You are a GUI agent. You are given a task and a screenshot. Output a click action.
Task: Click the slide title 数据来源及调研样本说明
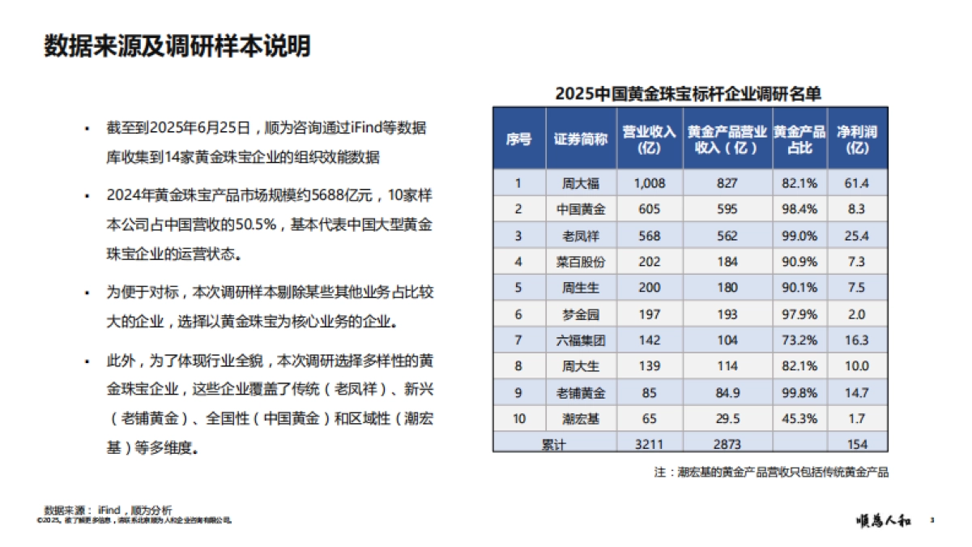[177, 47]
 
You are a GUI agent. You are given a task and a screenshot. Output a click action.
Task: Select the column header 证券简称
[580, 139]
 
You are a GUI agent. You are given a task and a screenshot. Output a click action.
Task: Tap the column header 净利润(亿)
[857, 139]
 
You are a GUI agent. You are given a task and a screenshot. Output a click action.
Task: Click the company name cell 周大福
[580, 183]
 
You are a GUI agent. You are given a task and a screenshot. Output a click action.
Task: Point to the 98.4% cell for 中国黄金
[799, 209]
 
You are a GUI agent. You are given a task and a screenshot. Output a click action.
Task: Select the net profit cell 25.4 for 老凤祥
[857, 236]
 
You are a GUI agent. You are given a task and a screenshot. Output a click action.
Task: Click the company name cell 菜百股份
[580, 262]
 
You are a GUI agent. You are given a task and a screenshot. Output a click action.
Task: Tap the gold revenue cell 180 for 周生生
[727, 288]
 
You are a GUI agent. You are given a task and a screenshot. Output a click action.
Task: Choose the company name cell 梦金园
[580, 314]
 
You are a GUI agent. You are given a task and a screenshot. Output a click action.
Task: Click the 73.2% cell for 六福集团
[799, 340]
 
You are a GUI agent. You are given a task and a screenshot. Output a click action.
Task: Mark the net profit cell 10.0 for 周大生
[857, 366]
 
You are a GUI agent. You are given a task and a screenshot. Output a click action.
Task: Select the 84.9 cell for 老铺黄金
[727, 393]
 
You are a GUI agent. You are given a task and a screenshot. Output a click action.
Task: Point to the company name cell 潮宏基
[580, 419]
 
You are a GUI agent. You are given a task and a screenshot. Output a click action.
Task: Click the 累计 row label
[553, 443]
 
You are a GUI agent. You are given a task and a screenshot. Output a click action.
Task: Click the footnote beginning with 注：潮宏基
[771, 472]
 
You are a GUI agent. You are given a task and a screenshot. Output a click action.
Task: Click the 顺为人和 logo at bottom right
[884, 520]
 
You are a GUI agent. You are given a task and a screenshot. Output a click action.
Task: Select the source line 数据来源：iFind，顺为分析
[109, 510]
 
